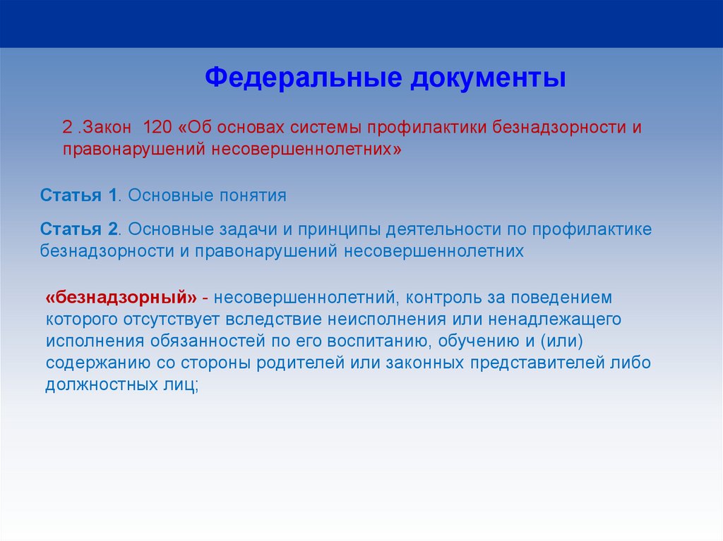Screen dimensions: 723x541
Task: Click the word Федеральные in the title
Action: click(x=304, y=77)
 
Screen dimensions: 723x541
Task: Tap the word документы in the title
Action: click(x=488, y=78)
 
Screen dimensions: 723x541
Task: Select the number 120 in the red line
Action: click(x=157, y=127)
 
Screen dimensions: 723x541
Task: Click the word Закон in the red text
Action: click(x=107, y=127)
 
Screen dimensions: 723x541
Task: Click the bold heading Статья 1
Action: click(x=78, y=195)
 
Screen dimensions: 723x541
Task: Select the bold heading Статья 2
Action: click(x=79, y=229)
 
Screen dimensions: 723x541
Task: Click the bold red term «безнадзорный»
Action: click(x=121, y=297)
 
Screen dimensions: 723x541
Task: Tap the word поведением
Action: click(x=561, y=298)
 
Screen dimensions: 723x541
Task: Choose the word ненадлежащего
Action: click(x=555, y=319)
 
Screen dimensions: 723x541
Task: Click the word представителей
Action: click(x=537, y=363)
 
